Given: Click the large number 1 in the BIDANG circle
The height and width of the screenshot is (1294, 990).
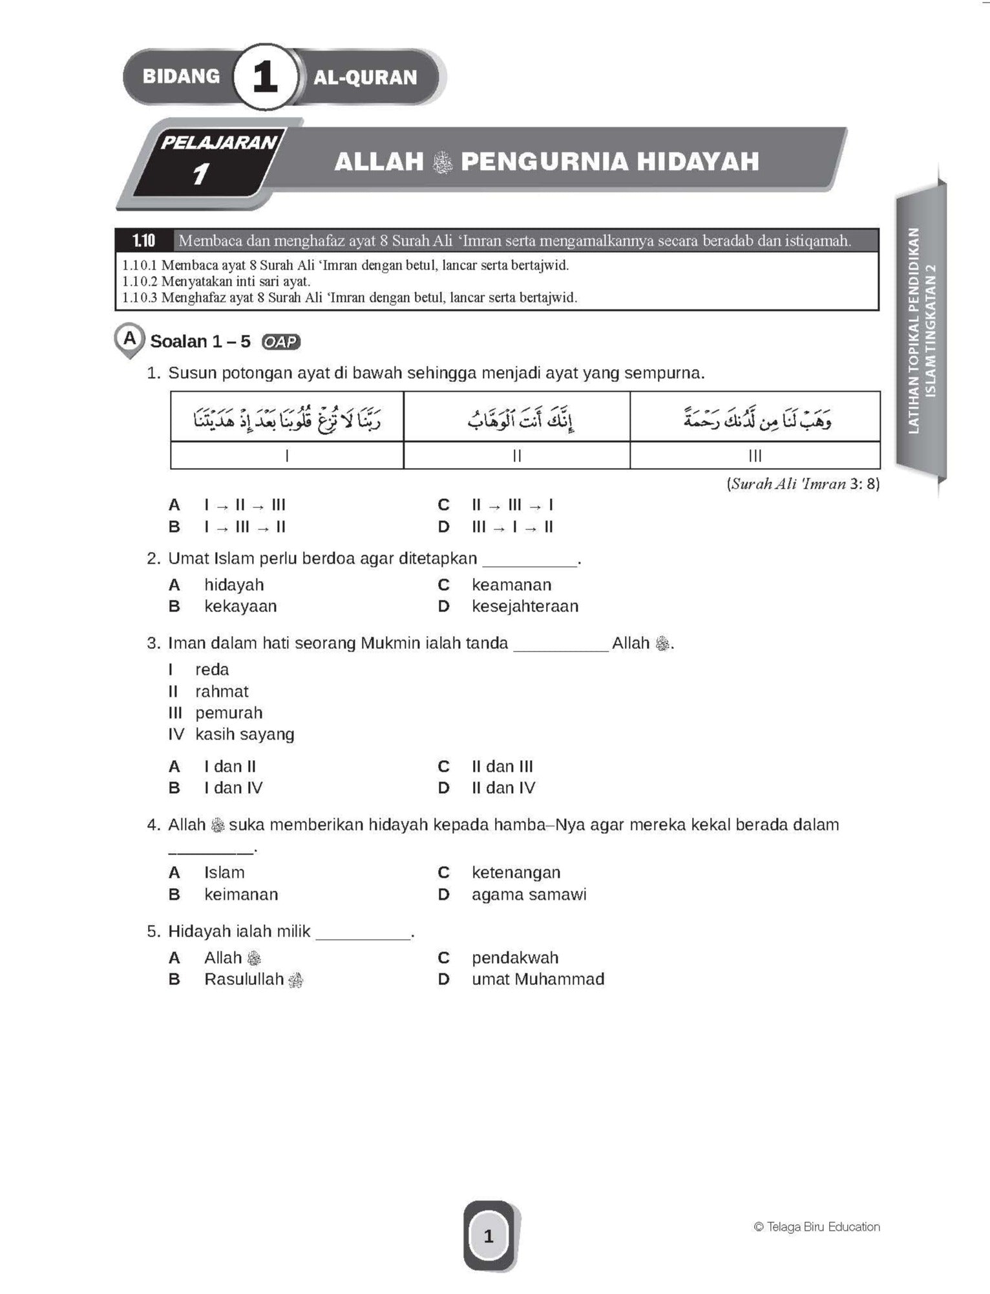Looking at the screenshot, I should tap(265, 78).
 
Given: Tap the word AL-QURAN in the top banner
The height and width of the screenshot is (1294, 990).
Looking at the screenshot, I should tap(365, 78).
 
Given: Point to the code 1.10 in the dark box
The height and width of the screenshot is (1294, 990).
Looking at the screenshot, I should tap(143, 241).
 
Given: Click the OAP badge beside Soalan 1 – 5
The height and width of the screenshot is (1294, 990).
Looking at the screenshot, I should tap(281, 342).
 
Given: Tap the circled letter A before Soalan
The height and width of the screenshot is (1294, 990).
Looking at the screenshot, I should tap(130, 337).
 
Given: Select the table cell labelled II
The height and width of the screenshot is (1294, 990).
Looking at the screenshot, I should tap(516, 456).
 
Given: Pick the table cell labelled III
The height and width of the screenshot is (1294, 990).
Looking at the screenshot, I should tap(755, 456).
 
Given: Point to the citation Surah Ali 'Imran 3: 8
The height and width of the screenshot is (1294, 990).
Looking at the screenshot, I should tap(803, 484).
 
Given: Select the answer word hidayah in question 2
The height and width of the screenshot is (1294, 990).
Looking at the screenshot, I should tap(234, 585).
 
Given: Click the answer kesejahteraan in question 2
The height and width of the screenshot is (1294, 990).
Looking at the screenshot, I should tap(525, 606).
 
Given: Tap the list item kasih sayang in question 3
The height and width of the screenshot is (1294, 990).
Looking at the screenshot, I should tap(245, 734).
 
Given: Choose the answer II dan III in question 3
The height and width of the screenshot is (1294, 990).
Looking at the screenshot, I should tap(502, 767).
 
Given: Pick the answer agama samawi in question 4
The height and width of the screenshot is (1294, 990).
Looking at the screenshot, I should tap(529, 895).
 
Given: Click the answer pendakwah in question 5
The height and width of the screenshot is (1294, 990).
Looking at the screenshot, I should tap(515, 958).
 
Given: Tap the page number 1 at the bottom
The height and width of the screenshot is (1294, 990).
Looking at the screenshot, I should tap(489, 1236).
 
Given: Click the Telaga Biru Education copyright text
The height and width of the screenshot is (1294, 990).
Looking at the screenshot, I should tap(817, 1227).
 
